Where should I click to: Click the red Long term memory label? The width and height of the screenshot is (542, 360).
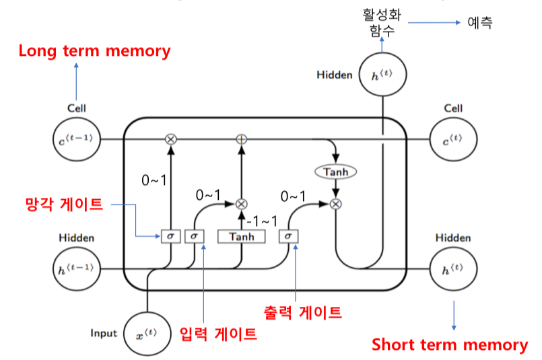pyautogui.click(x=95, y=50)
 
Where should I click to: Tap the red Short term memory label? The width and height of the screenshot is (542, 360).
pyautogui.click(x=450, y=345)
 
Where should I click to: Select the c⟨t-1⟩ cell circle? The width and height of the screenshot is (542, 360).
pyautogui.click(x=76, y=139)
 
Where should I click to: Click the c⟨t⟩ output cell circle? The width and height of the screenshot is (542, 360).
pyautogui.click(x=452, y=139)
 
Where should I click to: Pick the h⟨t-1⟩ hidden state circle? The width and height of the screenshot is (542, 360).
pyautogui.click(x=76, y=269)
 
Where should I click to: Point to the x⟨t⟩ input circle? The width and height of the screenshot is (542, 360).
pyautogui.click(x=147, y=333)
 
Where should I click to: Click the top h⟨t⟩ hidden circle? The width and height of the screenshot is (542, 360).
pyautogui.click(x=383, y=74)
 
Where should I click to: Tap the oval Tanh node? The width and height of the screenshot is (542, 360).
pyautogui.click(x=335, y=172)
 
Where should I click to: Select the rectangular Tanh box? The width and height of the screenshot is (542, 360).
pyautogui.click(x=242, y=237)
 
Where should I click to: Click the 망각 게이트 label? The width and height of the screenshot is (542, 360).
pyautogui.click(x=65, y=204)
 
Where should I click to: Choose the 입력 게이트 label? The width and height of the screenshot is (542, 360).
pyautogui.click(x=219, y=334)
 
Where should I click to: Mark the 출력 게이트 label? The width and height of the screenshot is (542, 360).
pyautogui.click(x=302, y=312)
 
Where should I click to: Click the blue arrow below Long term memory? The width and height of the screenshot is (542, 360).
pyautogui.click(x=76, y=79)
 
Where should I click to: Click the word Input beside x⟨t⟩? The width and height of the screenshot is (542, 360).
pyautogui.click(x=104, y=333)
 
